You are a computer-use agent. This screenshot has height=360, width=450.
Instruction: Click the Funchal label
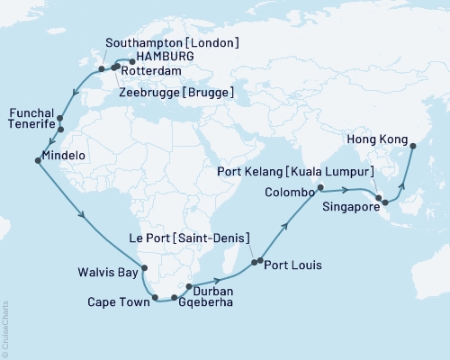pyautogui.click(x=30, y=112)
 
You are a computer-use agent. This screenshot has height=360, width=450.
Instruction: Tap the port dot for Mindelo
pyautogui.click(x=37, y=161)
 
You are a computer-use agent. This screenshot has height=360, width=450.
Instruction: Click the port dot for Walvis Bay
pyautogui.click(x=144, y=267)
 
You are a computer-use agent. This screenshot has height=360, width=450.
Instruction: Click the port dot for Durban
pyautogui.click(x=188, y=287)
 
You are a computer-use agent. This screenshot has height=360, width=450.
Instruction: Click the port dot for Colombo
pyautogui.click(x=319, y=190)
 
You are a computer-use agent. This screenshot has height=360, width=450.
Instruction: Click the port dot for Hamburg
pyautogui.click(x=131, y=61)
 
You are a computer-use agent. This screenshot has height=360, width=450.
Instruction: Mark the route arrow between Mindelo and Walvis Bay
pyautogui.click(x=82, y=215)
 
